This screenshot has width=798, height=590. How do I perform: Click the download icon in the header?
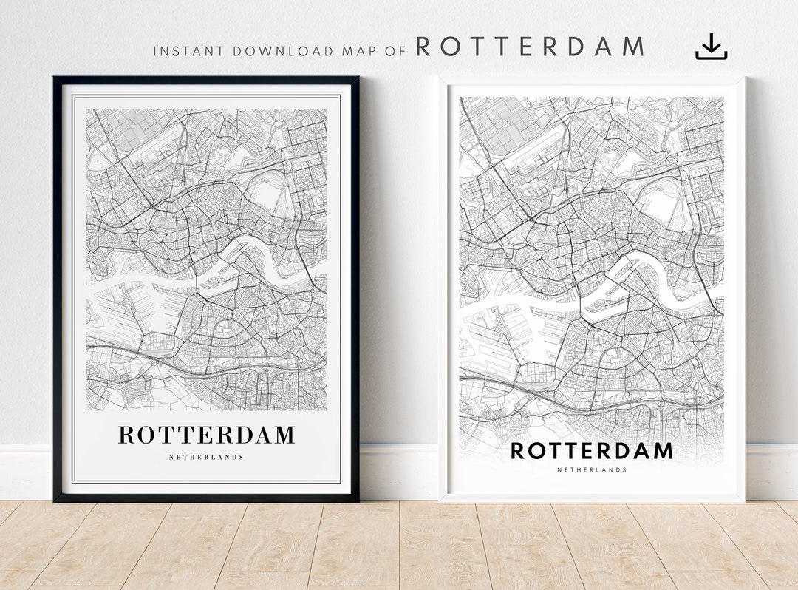click(x=711, y=47)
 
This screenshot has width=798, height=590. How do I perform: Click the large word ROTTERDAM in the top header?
click(x=530, y=47)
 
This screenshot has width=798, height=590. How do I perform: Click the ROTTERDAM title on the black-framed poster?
click(x=206, y=435)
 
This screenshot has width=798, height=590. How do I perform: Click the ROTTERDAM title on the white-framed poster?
click(x=591, y=450)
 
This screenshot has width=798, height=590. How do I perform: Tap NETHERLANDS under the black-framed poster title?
click(x=206, y=458)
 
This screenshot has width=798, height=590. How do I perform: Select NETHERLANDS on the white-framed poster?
click(x=591, y=469)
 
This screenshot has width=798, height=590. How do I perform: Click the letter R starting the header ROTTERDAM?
click(x=424, y=47)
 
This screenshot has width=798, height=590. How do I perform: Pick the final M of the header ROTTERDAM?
click(x=632, y=47)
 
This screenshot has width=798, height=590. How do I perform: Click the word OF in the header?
click(x=396, y=52)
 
